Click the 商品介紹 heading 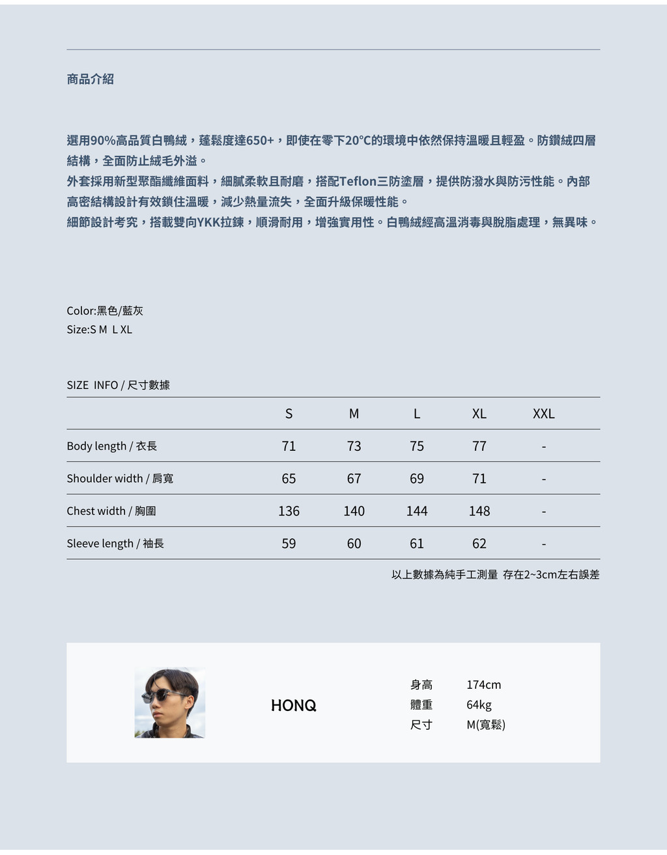pyautogui.click(x=90, y=79)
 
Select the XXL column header pyautogui.click(x=543, y=414)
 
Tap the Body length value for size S pyautogui.click(x=289, y=446)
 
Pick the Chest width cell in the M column pyautogui.click(x=354, y=512)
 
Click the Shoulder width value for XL pyautogui.click(x=479, y=479)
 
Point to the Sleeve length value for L pyautogui.click(x=417, y=543)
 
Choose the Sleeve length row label pyautogui.click(x=115, y=543)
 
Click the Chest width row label pyautogui.click(x=111, y=511)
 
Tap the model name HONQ pyautogui.click(x=294, y=705)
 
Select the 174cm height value pyautogui.click(x=483, y=685)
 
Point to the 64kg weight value pyautogui.click(x=479, y=705)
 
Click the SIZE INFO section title pyautogui.click(x=118, y=385)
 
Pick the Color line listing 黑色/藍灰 pyautogui.click(x=105, y=311)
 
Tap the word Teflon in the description pyautogui.click(x=358, y=181)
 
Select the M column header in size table pyautogui.click(x=354, y=414)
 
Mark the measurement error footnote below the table pyautogui.click(x=495, y=575)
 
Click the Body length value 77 pyautogui.click(x=479, y=446)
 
